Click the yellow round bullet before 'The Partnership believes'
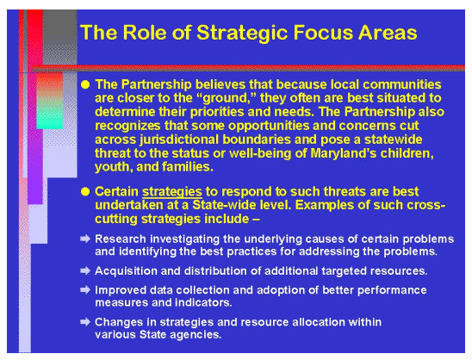(x=84, y=84)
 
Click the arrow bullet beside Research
(x=84, y=238)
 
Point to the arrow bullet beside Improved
(x=84, y=289)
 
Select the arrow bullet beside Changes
(x=84, y=322)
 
